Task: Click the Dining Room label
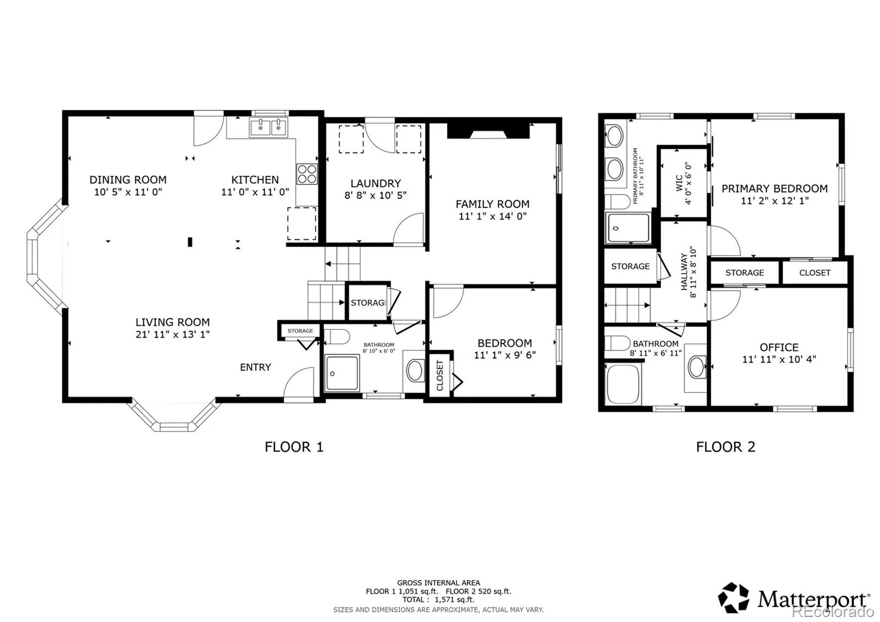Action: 128,180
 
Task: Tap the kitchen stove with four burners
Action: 307,174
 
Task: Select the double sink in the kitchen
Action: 268,127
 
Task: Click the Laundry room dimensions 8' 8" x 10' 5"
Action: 376,195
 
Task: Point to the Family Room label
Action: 492,204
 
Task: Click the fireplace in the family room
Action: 488,130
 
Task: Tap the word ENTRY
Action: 255,367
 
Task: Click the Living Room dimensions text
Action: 173,334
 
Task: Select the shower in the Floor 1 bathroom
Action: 342,373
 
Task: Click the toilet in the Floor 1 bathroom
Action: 337,337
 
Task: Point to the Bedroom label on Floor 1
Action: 505,343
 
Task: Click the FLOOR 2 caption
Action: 725,447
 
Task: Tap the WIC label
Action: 679,183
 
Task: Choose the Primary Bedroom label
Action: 774,189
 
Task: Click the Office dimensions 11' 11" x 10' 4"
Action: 779,359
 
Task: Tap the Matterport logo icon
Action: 733,598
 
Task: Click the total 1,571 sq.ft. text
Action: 454,599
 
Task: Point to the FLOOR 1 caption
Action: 294,447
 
